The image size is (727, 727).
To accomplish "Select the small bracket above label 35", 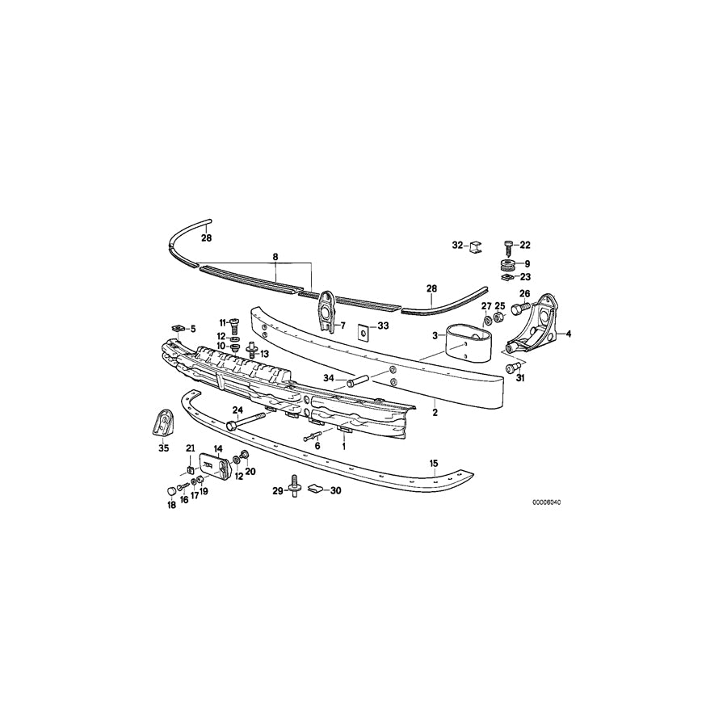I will [164, 422].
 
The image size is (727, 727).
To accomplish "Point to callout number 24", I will [237, 409].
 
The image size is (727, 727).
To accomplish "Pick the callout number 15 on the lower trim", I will [434, 464].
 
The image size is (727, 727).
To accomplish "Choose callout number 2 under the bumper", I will [435, 412].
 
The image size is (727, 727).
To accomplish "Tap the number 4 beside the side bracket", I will [568, 333].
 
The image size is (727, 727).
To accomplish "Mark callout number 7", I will [342, 326].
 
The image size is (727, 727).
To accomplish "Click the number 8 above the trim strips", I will [275, 257].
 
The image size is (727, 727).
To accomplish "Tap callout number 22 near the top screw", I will [525, 245].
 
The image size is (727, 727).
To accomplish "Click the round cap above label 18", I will [170, 490].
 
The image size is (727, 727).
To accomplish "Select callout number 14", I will [217, 449].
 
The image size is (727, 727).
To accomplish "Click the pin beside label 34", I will [358, 378].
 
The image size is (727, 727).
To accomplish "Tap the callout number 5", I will [192, 329].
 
